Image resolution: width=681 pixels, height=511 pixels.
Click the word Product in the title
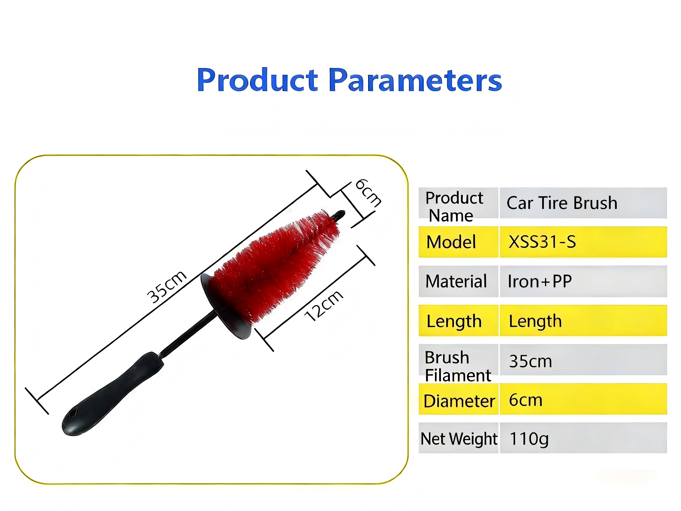(x=257, y=80)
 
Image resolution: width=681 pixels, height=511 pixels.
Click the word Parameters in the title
(x=415, y=80)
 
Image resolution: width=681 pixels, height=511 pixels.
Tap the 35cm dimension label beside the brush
(x=167, y=287)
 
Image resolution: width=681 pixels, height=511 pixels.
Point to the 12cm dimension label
(x=324, y=306)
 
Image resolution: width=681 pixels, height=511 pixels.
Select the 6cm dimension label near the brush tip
(x=368, y=192)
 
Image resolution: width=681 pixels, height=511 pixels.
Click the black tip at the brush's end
(x=339, y=215)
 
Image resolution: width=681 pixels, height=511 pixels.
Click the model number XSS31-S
(x=542, y=242)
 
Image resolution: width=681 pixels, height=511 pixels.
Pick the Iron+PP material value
(x=540, y=281)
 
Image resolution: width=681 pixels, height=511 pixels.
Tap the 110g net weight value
(x=529, y=439)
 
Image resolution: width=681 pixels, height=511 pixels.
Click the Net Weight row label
(x=459, y=439)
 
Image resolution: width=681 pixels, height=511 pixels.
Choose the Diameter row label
(x=459, y=401)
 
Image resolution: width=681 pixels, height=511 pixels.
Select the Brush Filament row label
(x=458, y=366)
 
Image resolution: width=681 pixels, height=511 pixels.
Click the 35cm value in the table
(x=530, y=361)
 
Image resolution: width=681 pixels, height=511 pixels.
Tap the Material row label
(x=456, y=281)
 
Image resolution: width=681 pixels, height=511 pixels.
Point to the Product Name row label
(x=454, y=206)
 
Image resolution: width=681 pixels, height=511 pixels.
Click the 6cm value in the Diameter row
(x=525, y=400)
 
